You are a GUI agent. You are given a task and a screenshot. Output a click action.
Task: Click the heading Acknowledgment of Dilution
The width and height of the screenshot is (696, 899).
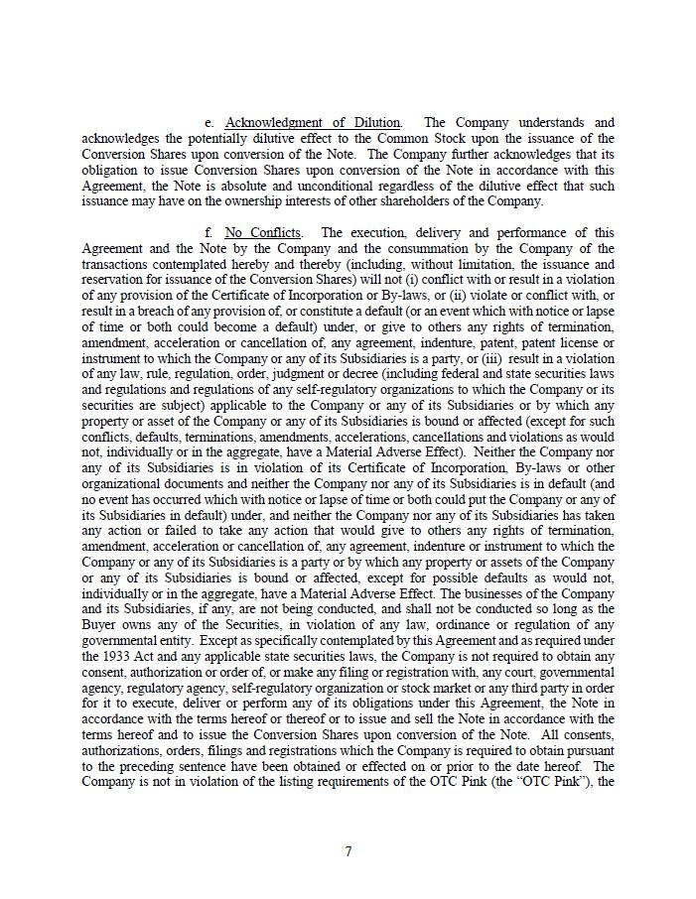click(313, 123)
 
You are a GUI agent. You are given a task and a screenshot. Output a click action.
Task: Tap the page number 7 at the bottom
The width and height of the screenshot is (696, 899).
click(348, 851)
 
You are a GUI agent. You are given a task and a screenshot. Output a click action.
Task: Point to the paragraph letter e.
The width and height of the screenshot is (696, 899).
click(209, 123)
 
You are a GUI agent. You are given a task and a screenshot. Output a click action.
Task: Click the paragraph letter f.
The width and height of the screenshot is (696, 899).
click(209, 233)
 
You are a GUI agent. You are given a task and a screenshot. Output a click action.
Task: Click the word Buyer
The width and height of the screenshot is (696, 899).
click(100, 625)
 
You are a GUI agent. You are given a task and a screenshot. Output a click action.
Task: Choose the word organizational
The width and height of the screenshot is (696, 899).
click(124, 484)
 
